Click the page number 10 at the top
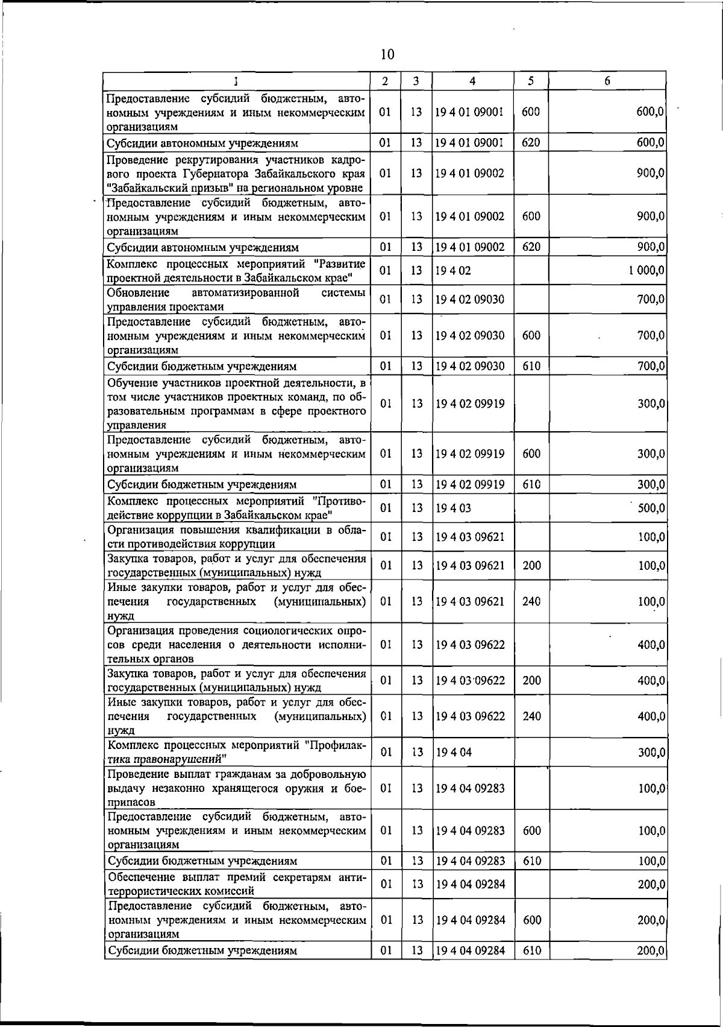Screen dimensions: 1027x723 [x=387, y=55]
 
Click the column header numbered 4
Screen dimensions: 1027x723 [x=472, y=81]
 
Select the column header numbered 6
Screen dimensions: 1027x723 [x=607, y=81]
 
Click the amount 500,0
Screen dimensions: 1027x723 [x=651, y=508]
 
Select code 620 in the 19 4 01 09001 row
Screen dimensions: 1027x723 [x=531, y=143]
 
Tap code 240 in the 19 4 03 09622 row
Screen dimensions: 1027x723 [x=531, y=716]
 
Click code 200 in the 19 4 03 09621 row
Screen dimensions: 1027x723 [x=531, y=565]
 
